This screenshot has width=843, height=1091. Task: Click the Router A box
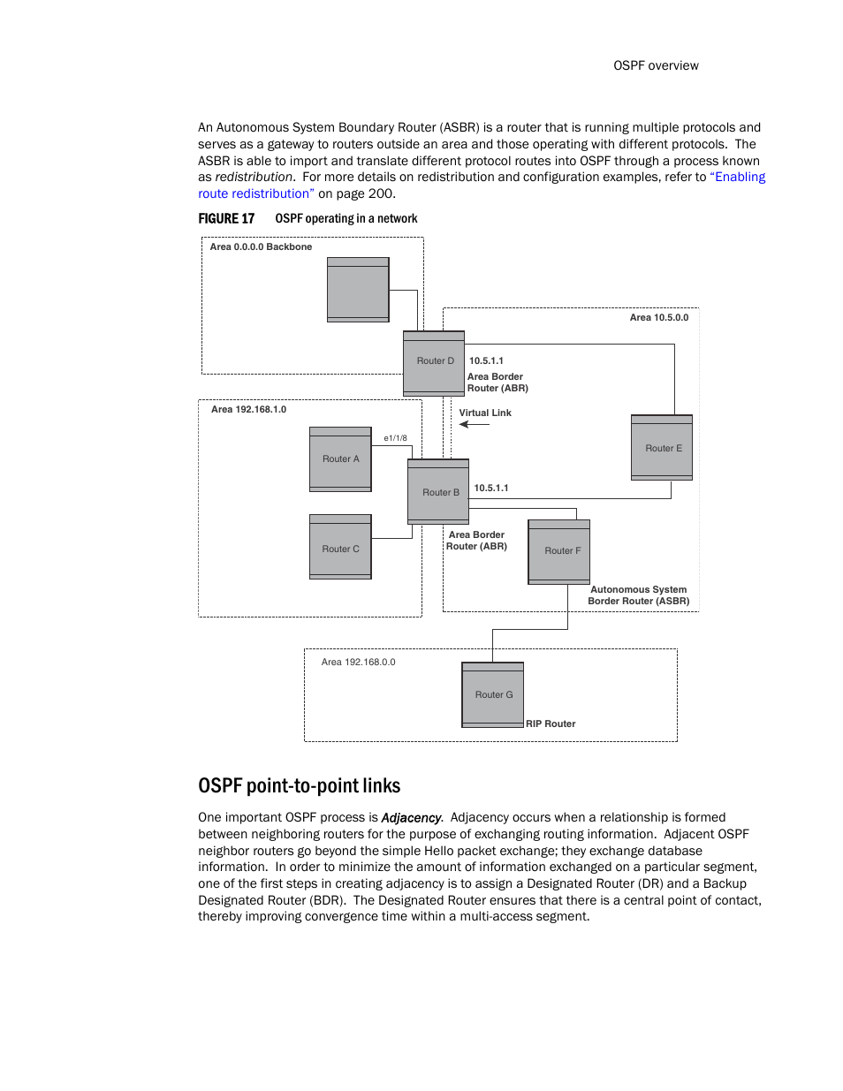(x=340, y=459)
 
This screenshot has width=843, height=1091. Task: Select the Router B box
(x=438, y=492)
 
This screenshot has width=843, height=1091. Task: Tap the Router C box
(x=340, y=548)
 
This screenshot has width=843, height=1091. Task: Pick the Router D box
(x=434, y=362)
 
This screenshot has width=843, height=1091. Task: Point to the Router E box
(x=662, y=448)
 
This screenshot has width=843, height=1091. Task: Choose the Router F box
(x=558, y=551)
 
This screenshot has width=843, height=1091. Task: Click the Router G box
(x=493, y=694)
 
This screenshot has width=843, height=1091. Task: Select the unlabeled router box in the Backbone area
(x=358, y=290)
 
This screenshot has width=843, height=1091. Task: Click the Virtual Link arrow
(x=475, y=425)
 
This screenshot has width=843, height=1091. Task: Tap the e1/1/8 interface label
(x=395, y=438)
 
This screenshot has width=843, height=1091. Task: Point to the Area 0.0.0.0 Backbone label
(x=261, y=247)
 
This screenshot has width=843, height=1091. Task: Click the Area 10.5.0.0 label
(x=658, y=318)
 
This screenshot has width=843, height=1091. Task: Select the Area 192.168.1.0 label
(x=248, y=410)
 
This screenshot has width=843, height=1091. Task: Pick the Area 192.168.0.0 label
(x=358, y=663)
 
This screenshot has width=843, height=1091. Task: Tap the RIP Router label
(x=551, y=724)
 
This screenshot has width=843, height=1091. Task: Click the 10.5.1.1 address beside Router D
(x=486, y=361)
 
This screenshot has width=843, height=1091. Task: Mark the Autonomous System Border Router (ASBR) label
(x=639, y=595)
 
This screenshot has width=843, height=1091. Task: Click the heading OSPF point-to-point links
(x=299, y=786)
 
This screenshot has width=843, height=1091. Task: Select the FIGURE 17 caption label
(x=226, y=219)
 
